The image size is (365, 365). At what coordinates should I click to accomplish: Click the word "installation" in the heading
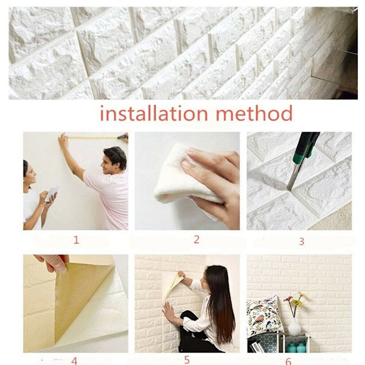154,113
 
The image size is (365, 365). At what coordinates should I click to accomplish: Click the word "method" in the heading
254,113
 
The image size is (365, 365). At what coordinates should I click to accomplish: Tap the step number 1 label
76,240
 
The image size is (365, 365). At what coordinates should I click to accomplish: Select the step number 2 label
196,240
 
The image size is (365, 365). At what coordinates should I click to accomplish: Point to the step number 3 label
302,242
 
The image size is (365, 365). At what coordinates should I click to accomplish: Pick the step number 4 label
74,361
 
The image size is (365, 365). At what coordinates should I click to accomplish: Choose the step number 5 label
187,360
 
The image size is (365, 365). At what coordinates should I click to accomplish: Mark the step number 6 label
288,361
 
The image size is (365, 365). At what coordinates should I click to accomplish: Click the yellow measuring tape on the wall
93,138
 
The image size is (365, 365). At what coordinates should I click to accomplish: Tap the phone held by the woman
52,193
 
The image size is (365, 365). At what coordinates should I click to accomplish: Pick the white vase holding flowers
294,327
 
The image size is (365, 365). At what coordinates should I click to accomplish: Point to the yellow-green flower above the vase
297,302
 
